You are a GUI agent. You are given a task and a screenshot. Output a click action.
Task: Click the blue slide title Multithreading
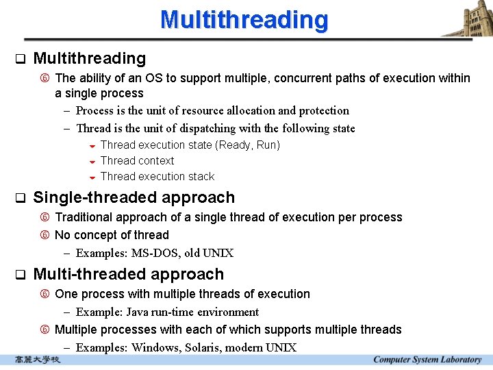pyautogui.click(x=244, y=19)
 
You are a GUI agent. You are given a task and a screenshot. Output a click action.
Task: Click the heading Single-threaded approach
pyautogui.click(x=134, y=198)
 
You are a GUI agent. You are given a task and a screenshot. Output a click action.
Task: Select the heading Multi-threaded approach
pyautogui.click(x=128, y=275)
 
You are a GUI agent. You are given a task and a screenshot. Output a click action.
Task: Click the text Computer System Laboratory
pyautogui.click(x=427, y=360)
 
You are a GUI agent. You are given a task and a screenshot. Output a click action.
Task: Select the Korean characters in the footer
pyautogui.click(x=38, y=360)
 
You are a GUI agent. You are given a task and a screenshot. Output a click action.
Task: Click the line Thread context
pyautogui.click(x=137, y=161)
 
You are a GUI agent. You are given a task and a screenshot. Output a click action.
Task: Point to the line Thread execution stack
pyautogui.click(x=157, y=177)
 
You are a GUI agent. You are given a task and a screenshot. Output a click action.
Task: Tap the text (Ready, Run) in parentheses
pyautogui.click(x=247, y=145)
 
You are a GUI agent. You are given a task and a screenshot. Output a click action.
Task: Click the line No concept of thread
pyautogui.click(x=112, y=235)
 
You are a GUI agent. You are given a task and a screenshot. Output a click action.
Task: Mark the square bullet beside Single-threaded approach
pyautogui.click(x=20, y=199)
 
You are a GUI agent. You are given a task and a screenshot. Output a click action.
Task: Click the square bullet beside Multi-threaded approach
pyautogui.click(x=20, y=275)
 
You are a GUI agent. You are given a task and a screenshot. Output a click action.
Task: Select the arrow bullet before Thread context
pyautogui.click(x=92, y=162)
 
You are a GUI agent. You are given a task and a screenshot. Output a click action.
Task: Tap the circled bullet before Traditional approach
pyautogui.click(x=45, y=218)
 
